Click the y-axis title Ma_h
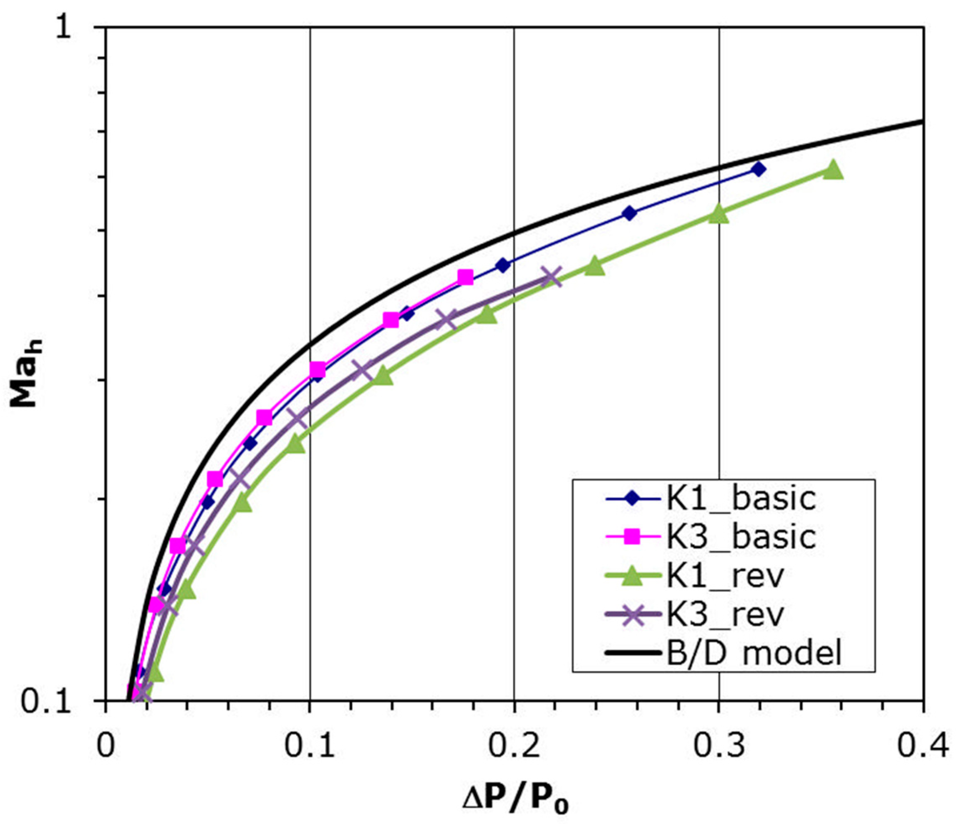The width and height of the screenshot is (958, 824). tap(26, 373)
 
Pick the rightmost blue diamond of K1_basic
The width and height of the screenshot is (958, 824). tap(758, 169)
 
